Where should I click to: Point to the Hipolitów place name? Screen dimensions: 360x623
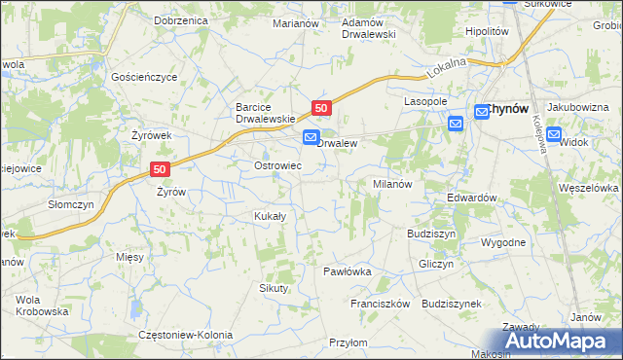point(488,31)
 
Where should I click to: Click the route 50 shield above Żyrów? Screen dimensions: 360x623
point(162,168)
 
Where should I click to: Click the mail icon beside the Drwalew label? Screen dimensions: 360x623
point(311,139)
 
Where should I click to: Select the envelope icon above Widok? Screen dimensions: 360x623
point(554,135)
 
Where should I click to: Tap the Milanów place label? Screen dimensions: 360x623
point(394,183)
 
